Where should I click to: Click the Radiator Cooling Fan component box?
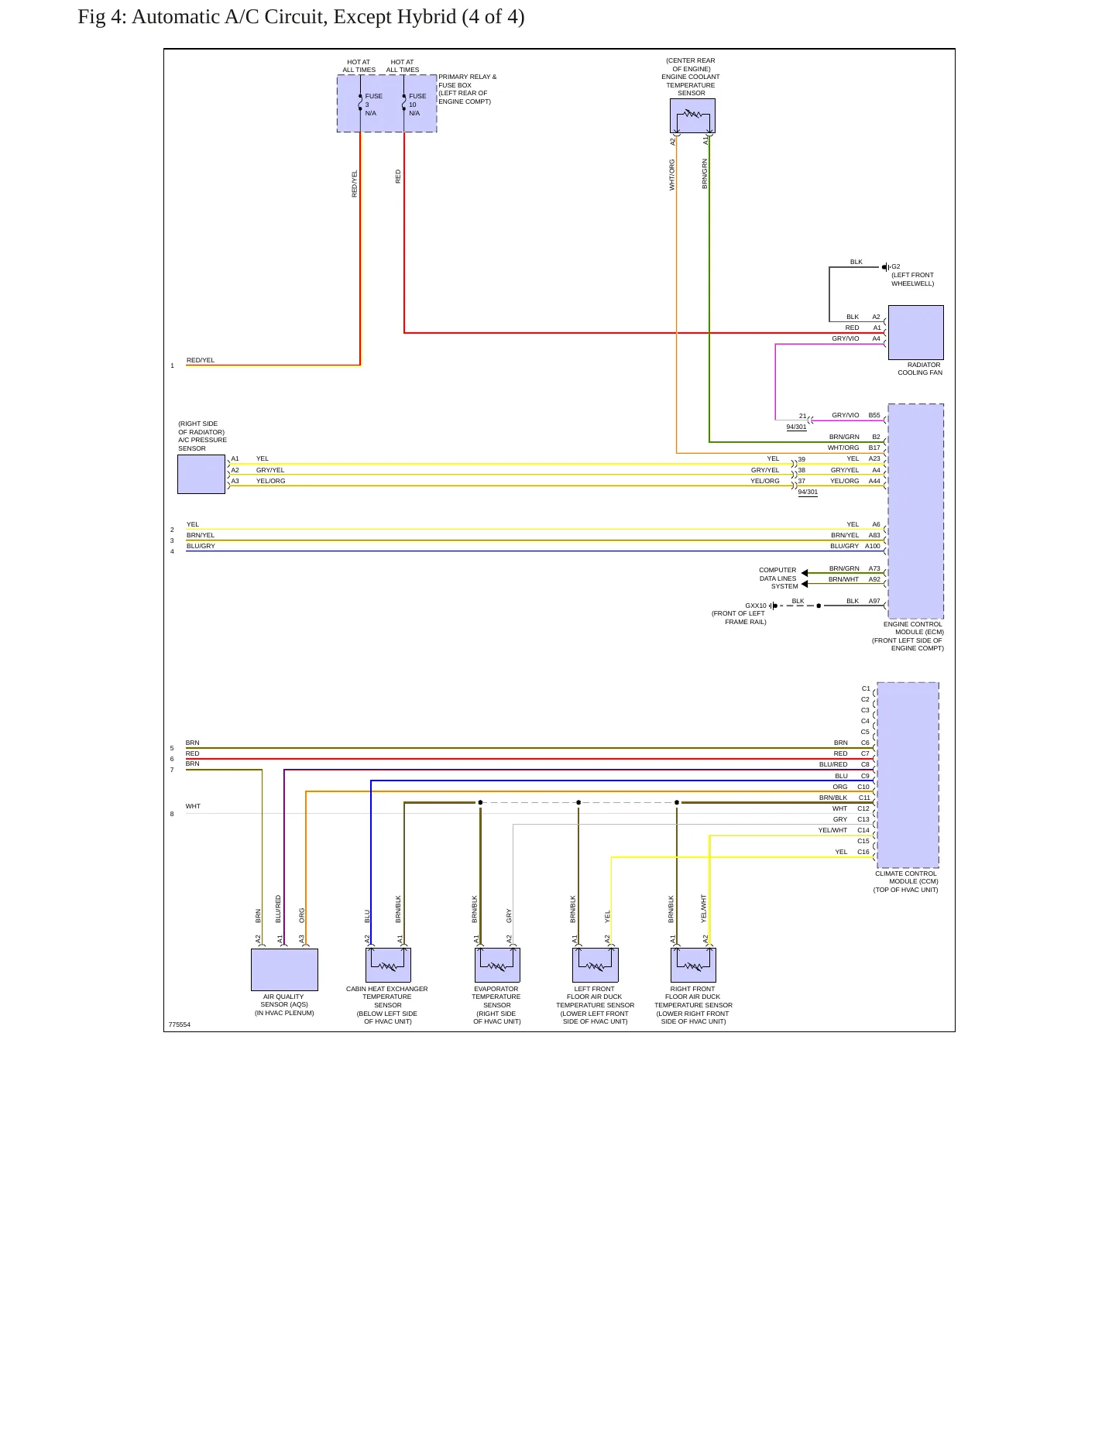point(915,332)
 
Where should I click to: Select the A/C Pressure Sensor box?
point(201,474)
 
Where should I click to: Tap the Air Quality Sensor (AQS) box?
point(284,969)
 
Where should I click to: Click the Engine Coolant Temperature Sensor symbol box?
point(692,115)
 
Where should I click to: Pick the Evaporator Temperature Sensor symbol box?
point(497,965)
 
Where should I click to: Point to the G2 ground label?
point(896,266)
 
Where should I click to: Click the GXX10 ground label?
point(756,606)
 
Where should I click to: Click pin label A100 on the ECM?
point(873,546)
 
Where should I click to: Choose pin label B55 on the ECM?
point(874,415)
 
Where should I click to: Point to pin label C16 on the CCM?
point(863,852)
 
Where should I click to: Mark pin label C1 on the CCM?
point(866,688)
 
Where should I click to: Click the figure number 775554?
point(180,1024)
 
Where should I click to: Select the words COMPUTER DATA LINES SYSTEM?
point(778,578)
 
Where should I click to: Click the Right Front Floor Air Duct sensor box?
point(693,965)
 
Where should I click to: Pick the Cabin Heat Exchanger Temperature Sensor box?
point(388,965)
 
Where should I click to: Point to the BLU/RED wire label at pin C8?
point(833,764)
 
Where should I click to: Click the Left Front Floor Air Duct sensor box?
point(595,965)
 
